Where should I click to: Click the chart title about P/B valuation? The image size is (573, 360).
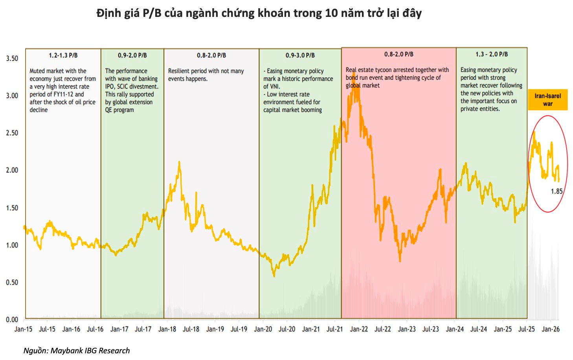(259, 13)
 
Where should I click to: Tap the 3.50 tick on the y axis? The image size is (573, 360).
(12, 58)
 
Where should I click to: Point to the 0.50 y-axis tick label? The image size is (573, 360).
(12, 282)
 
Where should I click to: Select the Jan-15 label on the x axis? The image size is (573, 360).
(23, 329)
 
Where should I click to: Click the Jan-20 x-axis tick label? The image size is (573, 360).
(263, 329)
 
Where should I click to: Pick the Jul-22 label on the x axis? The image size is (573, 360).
(382, 329)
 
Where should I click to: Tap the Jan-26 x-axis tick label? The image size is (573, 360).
(550, 329)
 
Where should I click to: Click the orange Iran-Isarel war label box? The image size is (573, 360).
(547, 100)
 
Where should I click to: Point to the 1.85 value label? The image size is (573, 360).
(556, 191)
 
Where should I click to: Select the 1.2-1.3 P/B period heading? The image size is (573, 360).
(63, 55)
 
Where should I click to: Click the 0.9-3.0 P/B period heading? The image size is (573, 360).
(300, 55)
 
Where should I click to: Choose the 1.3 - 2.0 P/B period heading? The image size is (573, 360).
(491, 54)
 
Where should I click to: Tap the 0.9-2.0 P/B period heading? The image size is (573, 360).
(132, 55)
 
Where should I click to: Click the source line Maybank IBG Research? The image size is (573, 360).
(77, 351)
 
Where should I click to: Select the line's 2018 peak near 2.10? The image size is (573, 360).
(179, 162)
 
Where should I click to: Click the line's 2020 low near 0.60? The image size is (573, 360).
(274, 276)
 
